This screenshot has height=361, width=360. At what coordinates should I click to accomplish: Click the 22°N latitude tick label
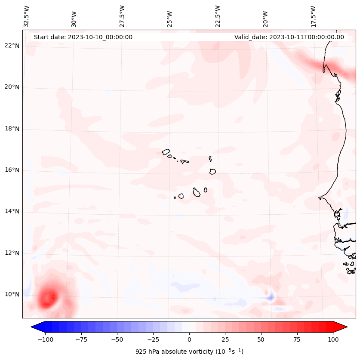(x=12, y=46)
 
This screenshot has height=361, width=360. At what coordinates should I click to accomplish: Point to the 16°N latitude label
(x=12, y=170)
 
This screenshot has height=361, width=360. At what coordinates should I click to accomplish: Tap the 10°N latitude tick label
(x=12, y=294)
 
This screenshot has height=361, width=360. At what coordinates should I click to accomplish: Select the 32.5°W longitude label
(x=27, y=16)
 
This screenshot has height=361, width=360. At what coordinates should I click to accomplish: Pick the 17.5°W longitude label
(x=313, y=16)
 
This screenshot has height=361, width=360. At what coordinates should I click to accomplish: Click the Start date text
(x=83, y=37)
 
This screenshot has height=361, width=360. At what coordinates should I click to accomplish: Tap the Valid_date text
(x=289, y=37)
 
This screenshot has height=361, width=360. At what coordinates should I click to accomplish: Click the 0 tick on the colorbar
(x=189, y=339)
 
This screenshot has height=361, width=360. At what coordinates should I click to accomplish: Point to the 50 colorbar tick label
(x=261, y=339)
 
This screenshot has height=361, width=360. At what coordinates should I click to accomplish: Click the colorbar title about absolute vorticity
(x=189, y=352)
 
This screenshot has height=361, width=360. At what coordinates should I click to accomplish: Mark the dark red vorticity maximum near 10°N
(x=49, y=297)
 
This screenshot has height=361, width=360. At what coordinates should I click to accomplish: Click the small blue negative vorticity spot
(x=271, y=296)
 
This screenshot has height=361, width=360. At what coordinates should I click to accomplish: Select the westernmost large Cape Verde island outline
(x=166, y=152)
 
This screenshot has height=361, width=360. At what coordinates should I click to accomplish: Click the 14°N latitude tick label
(x=12, y=211)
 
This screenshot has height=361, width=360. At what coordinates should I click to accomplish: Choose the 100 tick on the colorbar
(x=333, y=339)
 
